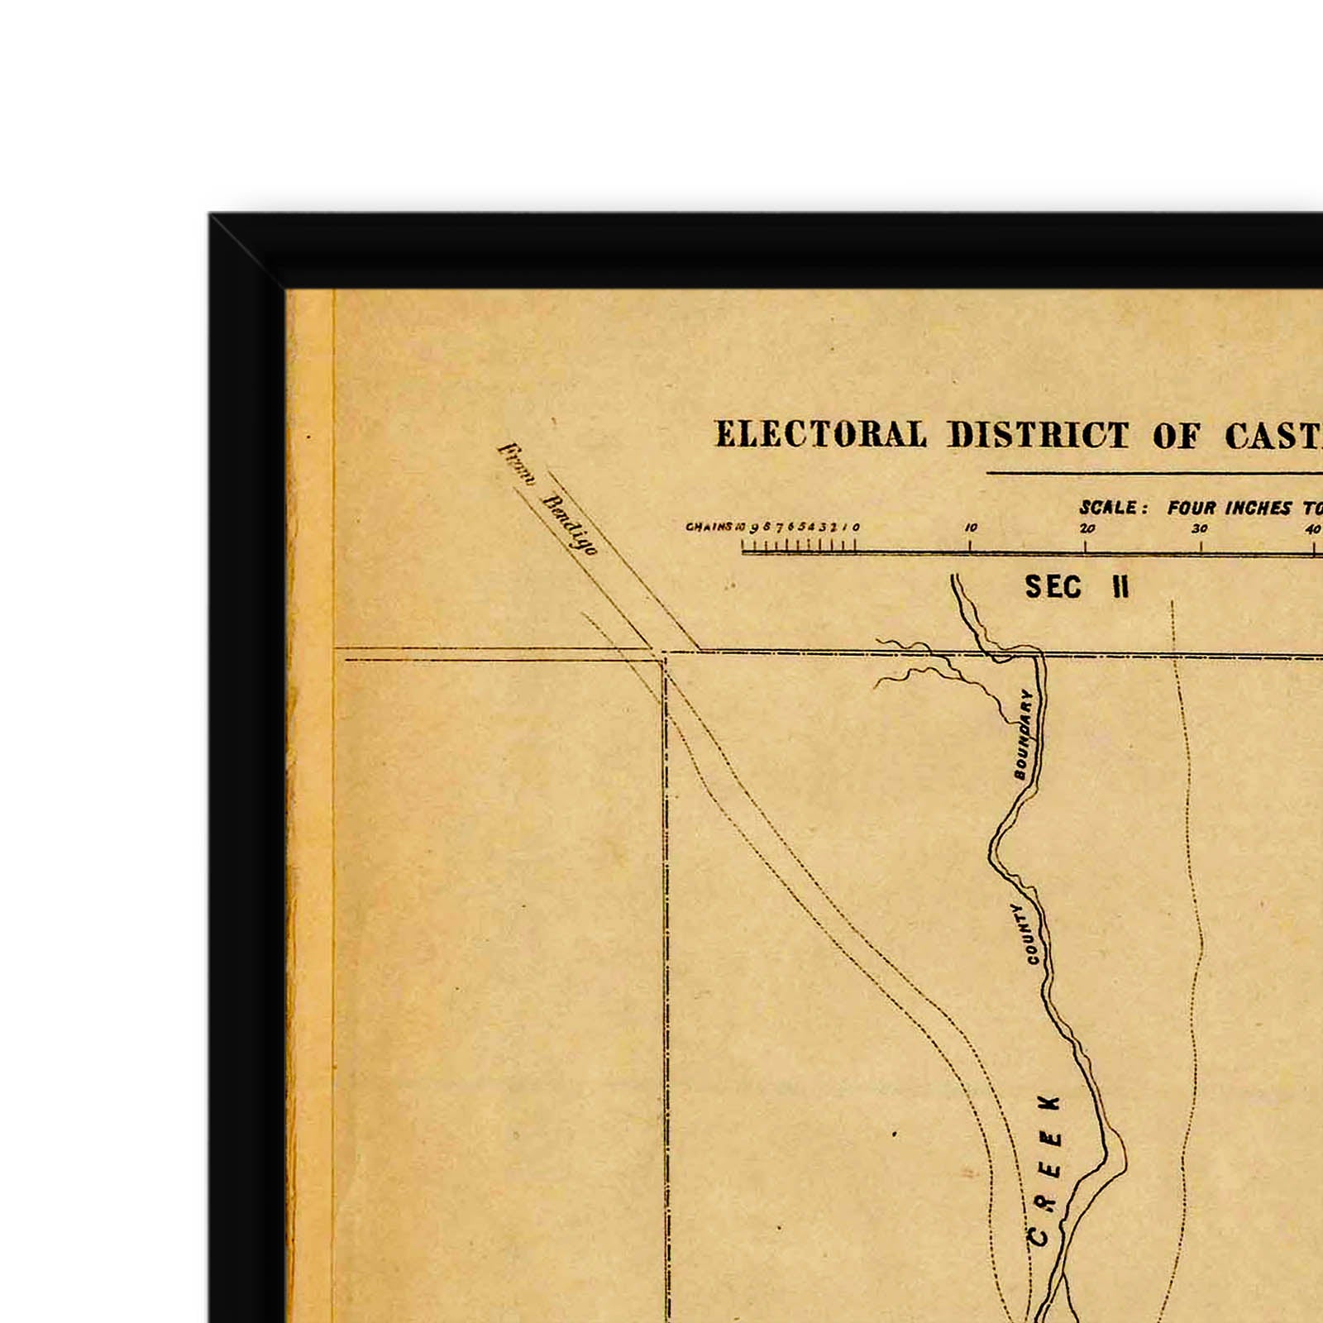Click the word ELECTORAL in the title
pyautogui.click(x=820, y=436)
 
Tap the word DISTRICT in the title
pyautogui.click(x=1039, y=436)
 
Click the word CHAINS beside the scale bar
pyautogui.click(x=709, y=527)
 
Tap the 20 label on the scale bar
pyautogui.click(x=1087, y=528)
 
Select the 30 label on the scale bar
pyautogui.click(x=1200, y=528)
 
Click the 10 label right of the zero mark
pyautogui.click(x=971, y=528)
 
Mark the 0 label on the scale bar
pyautogui.click(x=856, y=528)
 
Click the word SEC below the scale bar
pyautogui.click(x=1053, y=587)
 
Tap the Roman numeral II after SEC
pyautogui.click(x=1120, y=587)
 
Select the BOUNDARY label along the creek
pyautogui.click(x=1024, y=734)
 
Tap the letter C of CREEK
pyautogui.click(x=1038, y=1237)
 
